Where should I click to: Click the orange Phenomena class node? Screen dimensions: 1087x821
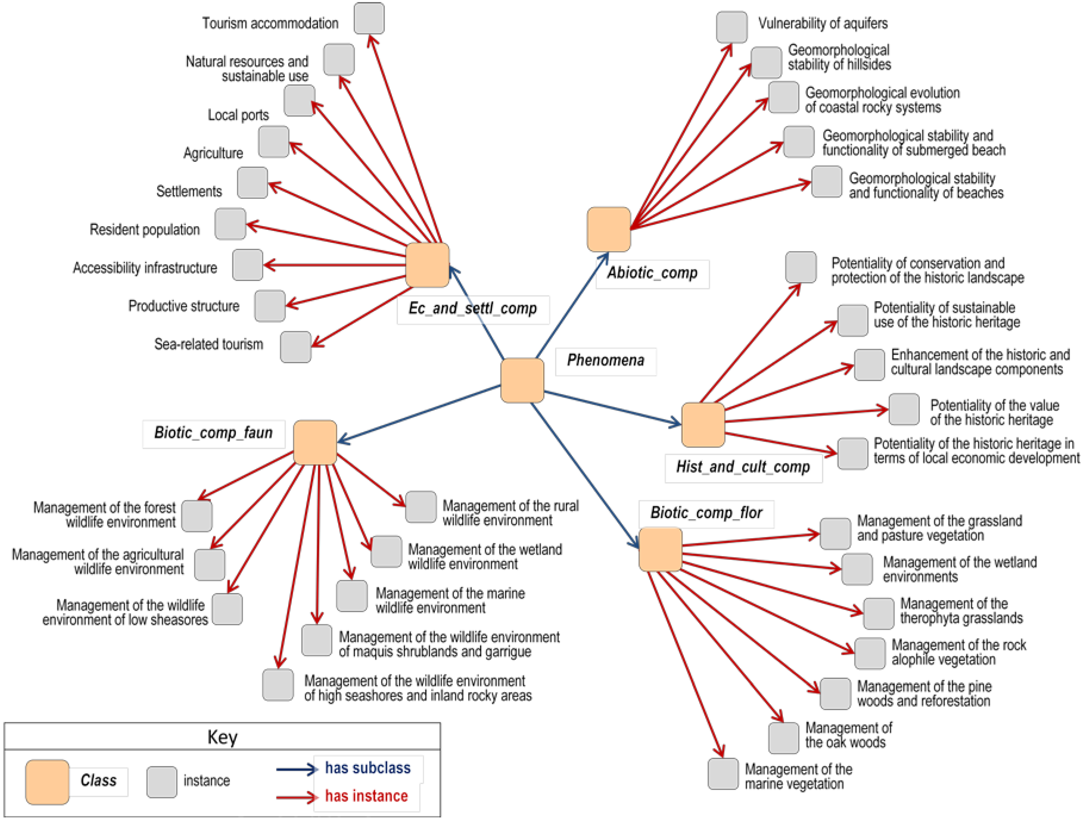[522, 380]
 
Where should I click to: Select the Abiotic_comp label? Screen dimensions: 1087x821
[652, 273]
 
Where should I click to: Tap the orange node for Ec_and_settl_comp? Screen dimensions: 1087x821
[427, 265]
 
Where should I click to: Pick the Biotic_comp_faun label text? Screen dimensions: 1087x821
[213, 433]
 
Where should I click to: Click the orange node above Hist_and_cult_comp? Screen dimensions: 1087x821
[703, 425]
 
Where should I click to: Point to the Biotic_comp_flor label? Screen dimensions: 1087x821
[706, 513]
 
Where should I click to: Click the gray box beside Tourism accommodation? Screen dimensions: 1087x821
[369, 18]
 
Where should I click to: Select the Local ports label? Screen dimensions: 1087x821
[238, 115]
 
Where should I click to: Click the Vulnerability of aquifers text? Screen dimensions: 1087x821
[823, 23]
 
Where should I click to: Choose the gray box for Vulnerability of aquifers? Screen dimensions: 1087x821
[732, 27]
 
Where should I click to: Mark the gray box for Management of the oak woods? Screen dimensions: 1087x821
[783, 738]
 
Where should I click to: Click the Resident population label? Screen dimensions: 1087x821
[144, 229]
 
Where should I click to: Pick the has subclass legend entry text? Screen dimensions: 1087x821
[367, 768]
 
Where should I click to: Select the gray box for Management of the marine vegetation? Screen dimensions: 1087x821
[723, 774]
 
